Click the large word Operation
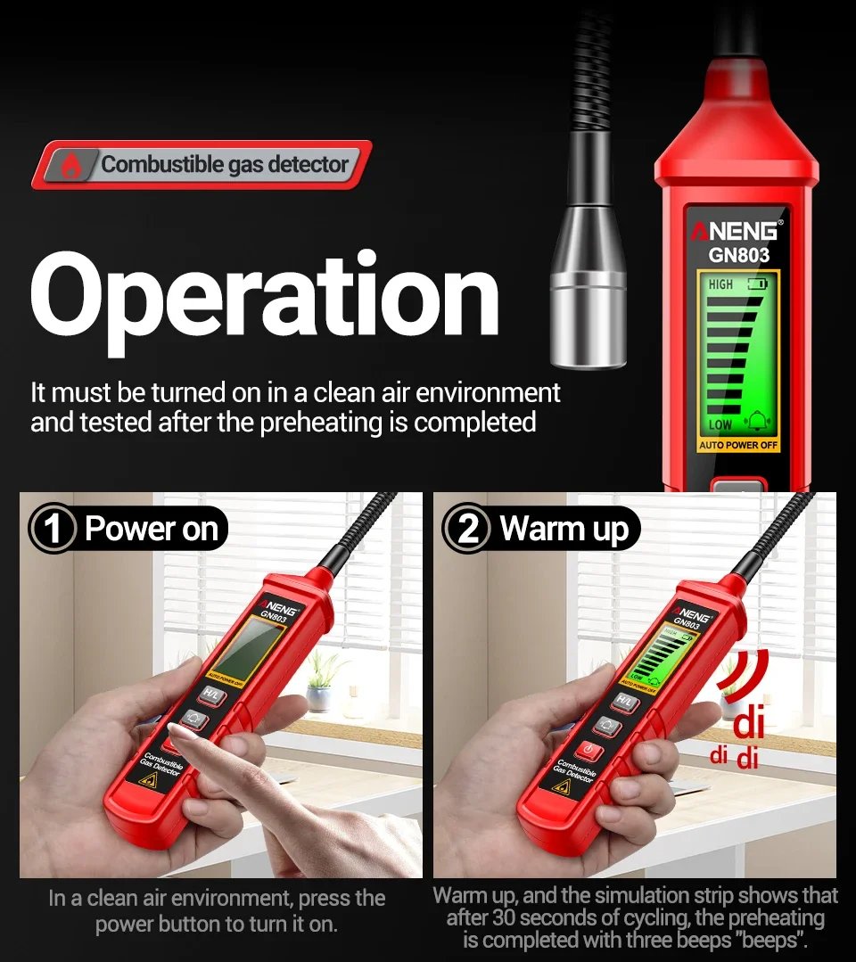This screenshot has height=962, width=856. [x=265, y=300]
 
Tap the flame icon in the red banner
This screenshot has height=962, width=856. [x=72, y=165]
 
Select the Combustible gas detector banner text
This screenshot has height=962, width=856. [x=225, y=164]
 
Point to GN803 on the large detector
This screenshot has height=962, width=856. [x=739, y=255]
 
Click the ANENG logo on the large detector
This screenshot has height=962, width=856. [x=737, y=231]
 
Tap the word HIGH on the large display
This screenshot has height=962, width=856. [x=720, y=284]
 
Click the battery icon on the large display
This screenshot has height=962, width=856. [x=757, y=284]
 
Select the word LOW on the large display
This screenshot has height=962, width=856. [x=720, y=424]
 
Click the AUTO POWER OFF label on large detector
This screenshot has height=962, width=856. [x=738, y=445]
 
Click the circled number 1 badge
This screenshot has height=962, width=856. [x=53, y=529]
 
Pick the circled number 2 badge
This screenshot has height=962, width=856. [x=467, y=529]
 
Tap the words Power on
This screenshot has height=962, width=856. [x=152, y=528]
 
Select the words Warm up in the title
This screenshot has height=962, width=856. [x=564, y=530]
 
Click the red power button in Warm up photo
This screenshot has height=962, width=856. [x=588, y=750]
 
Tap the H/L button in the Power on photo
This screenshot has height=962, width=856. [x=211, y=695]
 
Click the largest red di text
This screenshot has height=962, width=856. [x=749, y=723]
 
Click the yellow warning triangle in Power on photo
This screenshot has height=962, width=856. [x=149, y=781]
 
